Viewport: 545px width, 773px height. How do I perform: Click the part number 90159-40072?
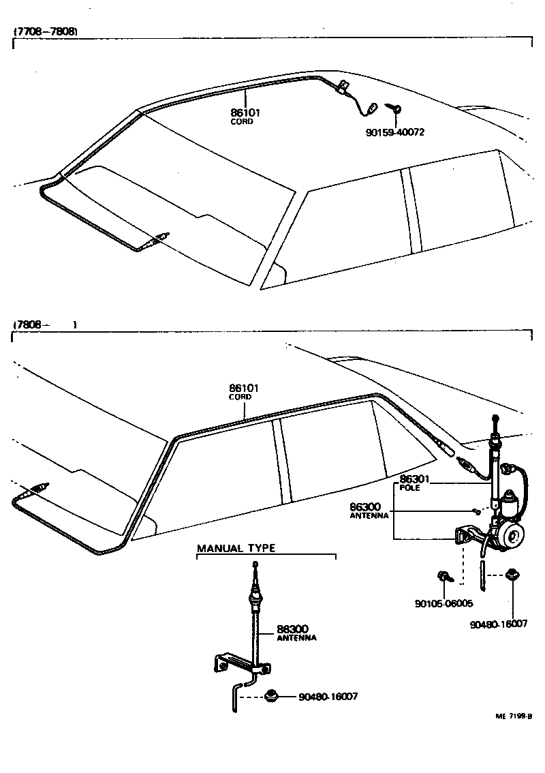pyautogui.click(x=394, y=132)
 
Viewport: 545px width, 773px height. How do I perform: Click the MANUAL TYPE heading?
pyautogui.click(x=236, y=548)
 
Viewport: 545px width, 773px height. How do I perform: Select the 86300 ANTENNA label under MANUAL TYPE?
pyautogui.click(x=296, y=633)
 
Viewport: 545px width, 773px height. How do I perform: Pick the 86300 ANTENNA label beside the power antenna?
pyautogui.click(x=369, y=511)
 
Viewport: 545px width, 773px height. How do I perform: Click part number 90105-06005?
pyautogui.click(x=443, y=603)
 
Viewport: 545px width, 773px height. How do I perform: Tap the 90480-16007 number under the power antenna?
pyautogui.click(x=499, y=623)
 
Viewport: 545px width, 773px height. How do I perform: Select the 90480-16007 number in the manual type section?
pyautogui.click(x=328, y=697)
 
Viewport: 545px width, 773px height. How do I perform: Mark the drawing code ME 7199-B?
pyautogui.click(x=513, y=716)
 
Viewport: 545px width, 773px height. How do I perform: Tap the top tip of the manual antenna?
pyautogui.click(x=255, y=564)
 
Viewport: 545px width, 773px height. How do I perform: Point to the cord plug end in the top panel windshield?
pyautogui.click(x=161, y=237)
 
